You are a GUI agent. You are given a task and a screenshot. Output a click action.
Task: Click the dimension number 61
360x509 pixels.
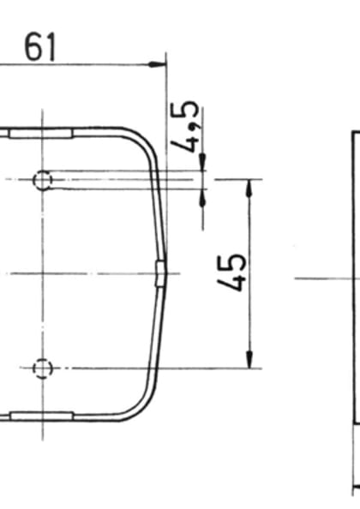click(40, 46)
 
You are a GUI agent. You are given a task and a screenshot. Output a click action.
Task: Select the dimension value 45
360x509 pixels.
click(232, 272)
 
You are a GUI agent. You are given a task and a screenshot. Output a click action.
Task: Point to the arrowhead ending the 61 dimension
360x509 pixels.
click(159, 63)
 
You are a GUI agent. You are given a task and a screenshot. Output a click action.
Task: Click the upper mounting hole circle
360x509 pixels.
click(42, 180)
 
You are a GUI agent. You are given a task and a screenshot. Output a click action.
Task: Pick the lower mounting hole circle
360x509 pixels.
click(42, 368)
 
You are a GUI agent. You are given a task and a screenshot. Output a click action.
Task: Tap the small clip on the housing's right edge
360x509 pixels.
click(159, 273)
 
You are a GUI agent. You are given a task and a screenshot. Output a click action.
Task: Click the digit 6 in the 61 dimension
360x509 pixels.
click(33, 46)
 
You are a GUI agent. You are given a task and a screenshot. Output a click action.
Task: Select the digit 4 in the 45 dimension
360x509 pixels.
click(232, 282)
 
